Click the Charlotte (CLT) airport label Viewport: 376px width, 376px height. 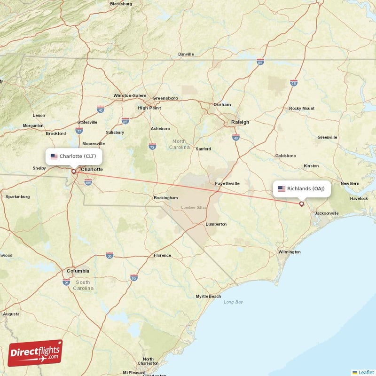73,156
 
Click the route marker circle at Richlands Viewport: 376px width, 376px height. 301,204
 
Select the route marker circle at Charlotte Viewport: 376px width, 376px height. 73,171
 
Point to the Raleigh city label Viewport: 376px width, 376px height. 240,122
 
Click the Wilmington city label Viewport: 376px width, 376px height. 289,252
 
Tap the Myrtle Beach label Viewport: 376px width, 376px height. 208,296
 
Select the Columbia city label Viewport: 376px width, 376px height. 78,271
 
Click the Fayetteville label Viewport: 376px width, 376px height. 227,183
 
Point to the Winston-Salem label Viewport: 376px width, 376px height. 130,96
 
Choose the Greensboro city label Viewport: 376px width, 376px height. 165,98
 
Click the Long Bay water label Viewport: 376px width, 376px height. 233,302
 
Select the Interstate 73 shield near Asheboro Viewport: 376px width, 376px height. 152,146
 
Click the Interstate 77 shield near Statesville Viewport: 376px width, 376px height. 79,130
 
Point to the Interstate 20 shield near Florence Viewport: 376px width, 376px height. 110,255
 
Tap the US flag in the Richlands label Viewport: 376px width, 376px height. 282,188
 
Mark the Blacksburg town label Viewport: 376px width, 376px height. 121,4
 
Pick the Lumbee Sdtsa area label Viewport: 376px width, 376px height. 194,207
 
